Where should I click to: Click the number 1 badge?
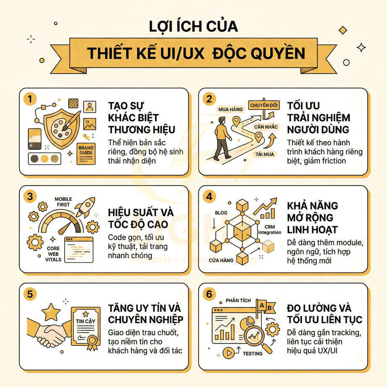coord(30,99)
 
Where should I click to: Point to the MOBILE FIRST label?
coord(63,202)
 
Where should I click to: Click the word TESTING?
coord(253,353)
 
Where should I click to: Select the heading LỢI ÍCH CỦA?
coord(193,26)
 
